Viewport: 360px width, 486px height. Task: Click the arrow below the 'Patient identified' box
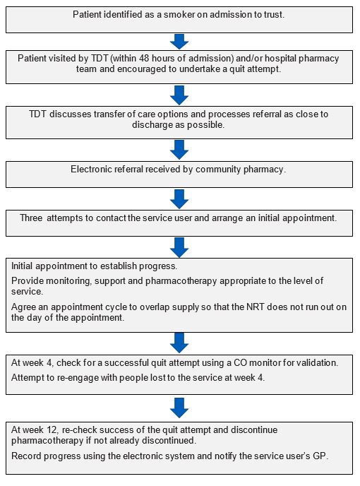179,41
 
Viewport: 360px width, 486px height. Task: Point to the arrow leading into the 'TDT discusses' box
179,95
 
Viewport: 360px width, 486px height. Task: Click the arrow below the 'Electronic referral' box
179,199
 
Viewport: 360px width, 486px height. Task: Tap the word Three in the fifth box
31,218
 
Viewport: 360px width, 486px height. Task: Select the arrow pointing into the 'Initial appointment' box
179,247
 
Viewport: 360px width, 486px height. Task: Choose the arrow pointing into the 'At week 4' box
179,343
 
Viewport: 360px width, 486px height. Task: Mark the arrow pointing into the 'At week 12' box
179,408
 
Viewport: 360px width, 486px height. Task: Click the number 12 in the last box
52,430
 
